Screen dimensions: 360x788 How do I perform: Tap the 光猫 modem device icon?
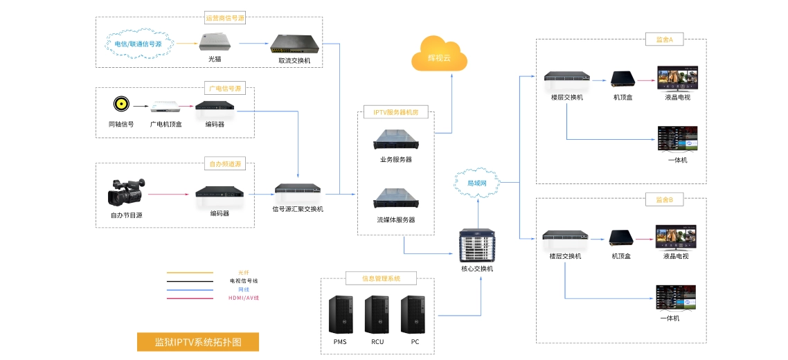click(x=215, y=42)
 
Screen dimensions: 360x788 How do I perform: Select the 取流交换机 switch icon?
click(x=294, y=44)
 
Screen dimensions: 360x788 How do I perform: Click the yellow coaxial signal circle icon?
click(x=121, y=105)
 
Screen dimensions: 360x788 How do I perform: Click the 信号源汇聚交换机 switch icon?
click(x=298, y=189)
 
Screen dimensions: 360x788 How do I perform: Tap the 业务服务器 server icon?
click(x=395, y=141)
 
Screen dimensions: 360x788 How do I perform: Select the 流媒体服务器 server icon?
click(x=395, y=199)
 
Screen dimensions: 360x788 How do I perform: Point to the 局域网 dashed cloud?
click(x=477, y=183)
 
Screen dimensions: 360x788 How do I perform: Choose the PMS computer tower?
click(x=339, y=314)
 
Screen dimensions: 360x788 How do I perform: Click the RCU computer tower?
click(x=377, y=314)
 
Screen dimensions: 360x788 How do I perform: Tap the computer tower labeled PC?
click(x=414, y=314)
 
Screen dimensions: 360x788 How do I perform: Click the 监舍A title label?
click(x=663, y=40)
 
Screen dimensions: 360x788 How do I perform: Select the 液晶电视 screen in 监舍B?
click(x=676, y=237)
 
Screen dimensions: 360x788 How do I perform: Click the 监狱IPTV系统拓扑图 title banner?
click(x=197, y=342)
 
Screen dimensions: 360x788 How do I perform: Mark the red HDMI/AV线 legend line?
click(x=190, y=298)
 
